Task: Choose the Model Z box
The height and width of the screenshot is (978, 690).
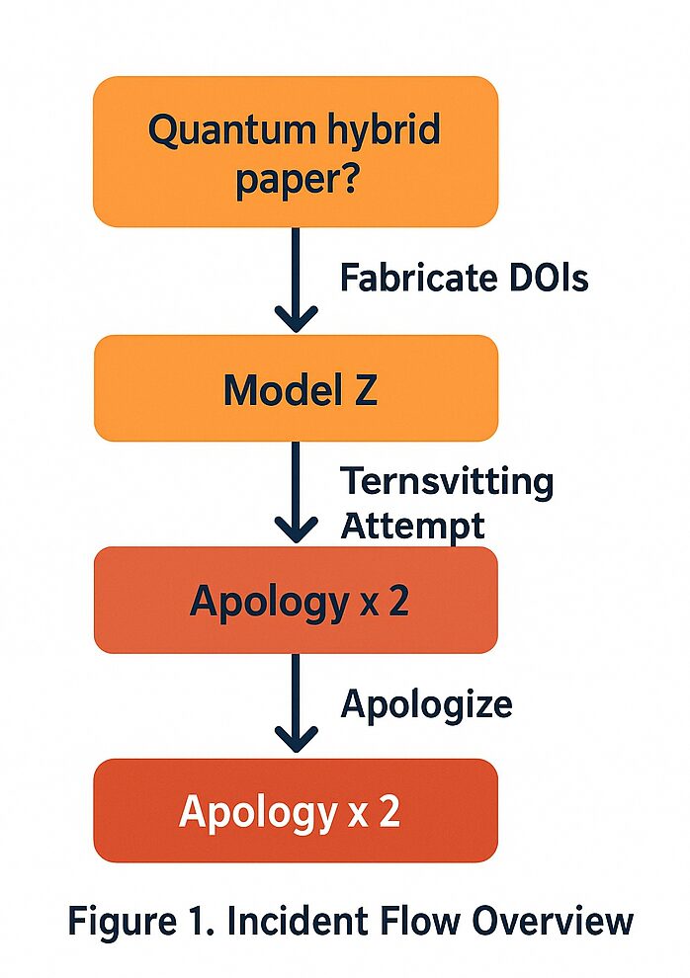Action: point(296,388)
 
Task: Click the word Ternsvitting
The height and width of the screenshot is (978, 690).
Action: point(446,482)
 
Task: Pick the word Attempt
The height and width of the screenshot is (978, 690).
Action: point(412,526)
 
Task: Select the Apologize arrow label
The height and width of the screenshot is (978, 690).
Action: point(426,704)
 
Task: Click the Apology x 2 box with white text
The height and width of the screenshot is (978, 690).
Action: point(296,811)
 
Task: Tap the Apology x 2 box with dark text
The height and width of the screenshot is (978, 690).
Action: point(296,601)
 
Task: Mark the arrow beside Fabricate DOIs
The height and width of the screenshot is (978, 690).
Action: point(296,281)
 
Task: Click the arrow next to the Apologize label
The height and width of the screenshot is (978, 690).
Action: point(296,704)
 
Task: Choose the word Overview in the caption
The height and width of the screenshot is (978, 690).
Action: point(552,922)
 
